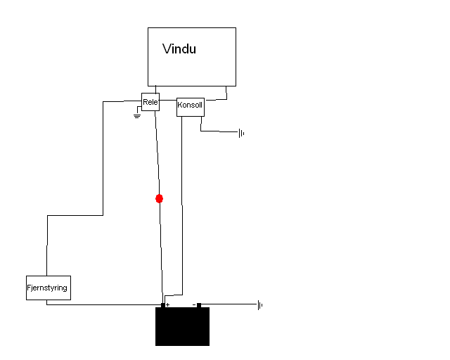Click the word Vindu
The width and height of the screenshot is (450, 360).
click(179, 49)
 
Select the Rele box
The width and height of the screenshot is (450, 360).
click(150, 102)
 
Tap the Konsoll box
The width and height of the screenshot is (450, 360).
click(191, 107)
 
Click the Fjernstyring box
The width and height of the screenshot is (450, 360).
click(49, 288)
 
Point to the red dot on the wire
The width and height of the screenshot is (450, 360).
click(160, 199)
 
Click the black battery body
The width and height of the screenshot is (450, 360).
click(183, 326)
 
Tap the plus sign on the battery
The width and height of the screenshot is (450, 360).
click(168, 304)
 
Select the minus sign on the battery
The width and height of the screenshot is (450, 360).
click(194, 304)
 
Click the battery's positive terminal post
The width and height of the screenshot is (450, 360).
click(163, 305)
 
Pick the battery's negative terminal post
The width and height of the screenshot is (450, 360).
click(199, 305)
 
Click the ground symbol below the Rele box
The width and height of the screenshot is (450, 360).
click(137, 116)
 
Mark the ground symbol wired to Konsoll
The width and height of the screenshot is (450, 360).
click(241, 133)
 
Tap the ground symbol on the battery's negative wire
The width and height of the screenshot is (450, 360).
click(260, 305)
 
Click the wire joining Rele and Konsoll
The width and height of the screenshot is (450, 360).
click(168, 100)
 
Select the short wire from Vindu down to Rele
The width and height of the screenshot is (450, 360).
click(156, 89)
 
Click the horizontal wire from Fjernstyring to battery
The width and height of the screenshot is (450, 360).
click(104, 304)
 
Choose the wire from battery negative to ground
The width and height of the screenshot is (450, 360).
click(229, 304)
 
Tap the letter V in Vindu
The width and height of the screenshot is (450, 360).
click(167, 49)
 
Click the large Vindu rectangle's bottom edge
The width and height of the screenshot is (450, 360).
click(192, 86)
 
